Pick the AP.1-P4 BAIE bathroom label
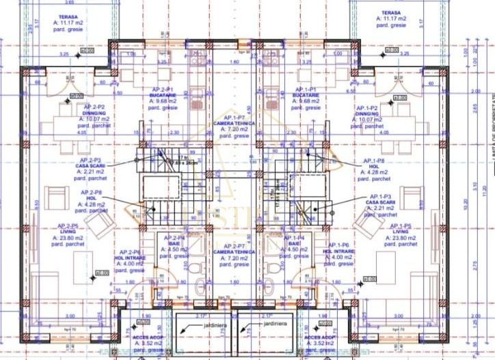tap(295, 247)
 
